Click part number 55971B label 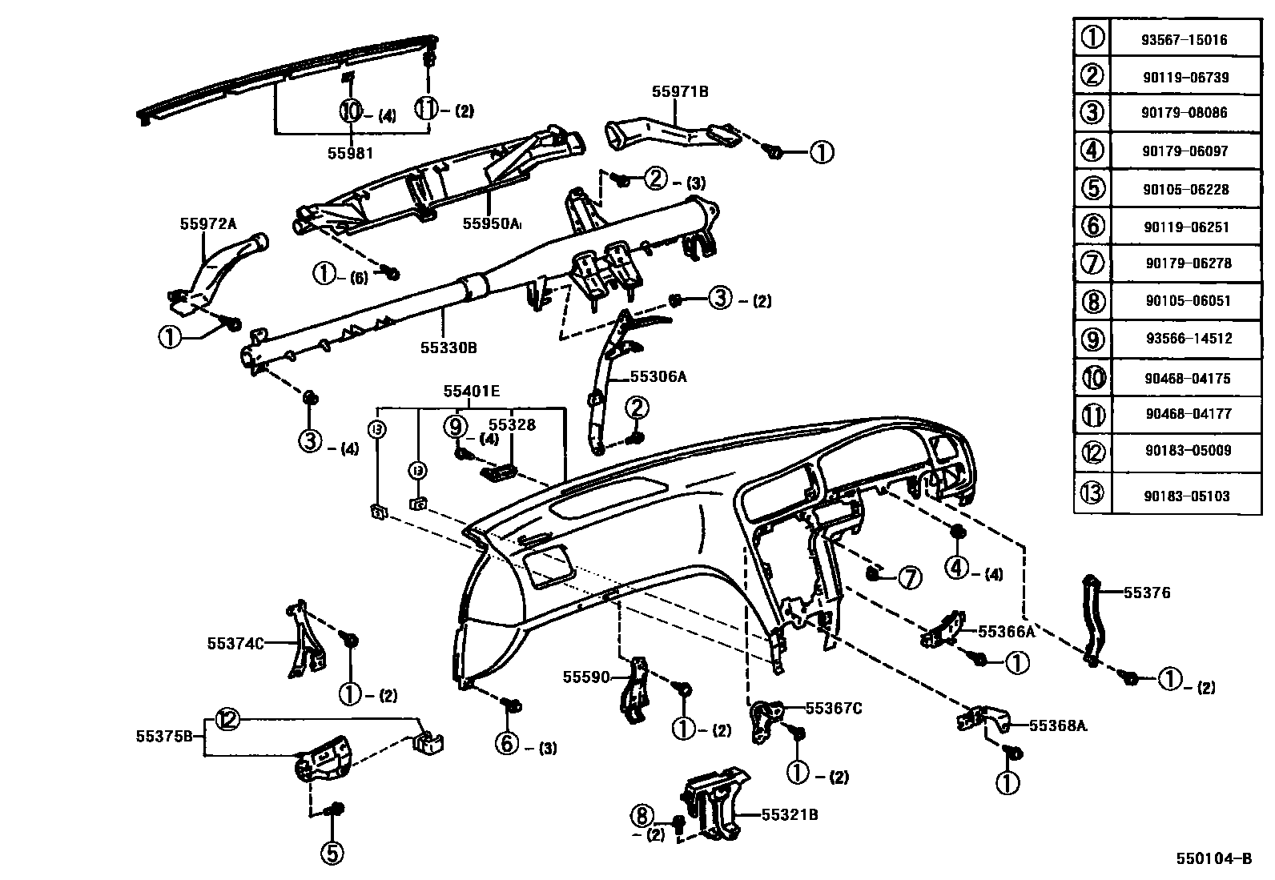(679, 91)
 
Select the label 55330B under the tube (448, 348)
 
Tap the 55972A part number (208, 224)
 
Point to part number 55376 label (1147, 593)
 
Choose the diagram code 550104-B (1213, 858)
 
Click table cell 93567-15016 (1185, 39)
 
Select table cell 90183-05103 (1185, 496)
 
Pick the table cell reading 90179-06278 (1188, 263)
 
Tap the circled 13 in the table (1092, 492)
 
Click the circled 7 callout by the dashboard (910, 577)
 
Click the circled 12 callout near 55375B (227, 720)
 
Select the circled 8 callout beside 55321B (642, 816)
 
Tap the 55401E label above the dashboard (472, 391)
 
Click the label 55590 (585, 677)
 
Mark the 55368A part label (1057, 726)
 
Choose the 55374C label (235, 642)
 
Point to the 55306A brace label (658, 376)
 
